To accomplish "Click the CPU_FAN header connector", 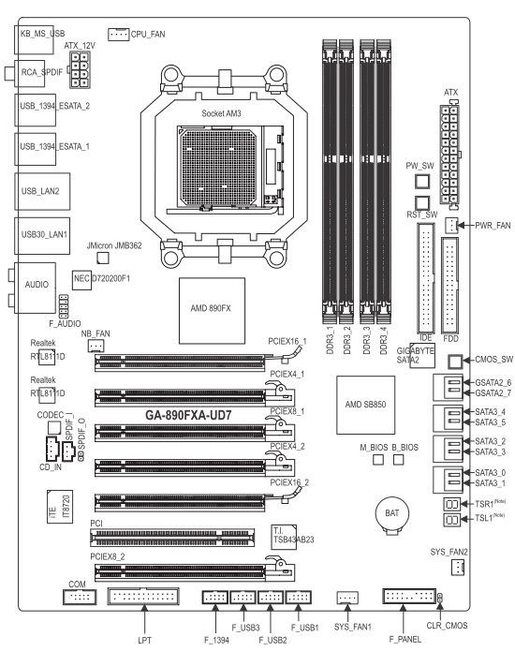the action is (119, 35).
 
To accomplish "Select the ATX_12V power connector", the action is (80, 69).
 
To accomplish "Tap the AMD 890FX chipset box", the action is (212, 311).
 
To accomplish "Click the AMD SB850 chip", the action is (365, 405).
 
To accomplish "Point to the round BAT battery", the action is (391, 515).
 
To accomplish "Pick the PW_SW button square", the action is (422, 182).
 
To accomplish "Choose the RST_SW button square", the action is (422, 203).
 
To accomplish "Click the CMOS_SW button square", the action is (455, 362).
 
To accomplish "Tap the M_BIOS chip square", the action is (378, 460).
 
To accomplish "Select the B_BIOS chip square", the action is (398, 460).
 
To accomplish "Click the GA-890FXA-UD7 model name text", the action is (188, 415).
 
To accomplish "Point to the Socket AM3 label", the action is (221, 113).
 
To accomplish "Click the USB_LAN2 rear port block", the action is (42, 191).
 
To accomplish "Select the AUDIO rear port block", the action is (36, 288).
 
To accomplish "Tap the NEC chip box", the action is (81, 279).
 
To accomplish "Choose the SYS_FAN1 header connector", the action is (347, 598).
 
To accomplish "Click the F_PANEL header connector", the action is (409, 596).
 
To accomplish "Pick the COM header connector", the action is (80, 597).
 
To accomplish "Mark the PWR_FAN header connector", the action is (452, 225).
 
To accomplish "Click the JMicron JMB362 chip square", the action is (102, 258).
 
